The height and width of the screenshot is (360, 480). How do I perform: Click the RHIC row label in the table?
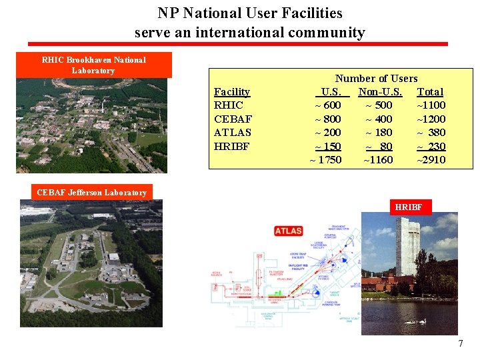[229, 105]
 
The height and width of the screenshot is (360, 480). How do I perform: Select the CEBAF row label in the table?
[233, 119]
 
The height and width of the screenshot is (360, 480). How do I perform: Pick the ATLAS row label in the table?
[233, 133]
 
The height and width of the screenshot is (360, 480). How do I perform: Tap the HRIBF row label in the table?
[231, 147]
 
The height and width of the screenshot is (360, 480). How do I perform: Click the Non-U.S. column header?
[380, 91]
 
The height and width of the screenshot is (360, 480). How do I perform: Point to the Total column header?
[430, 91]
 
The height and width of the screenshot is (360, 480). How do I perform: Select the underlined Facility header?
[232, 91]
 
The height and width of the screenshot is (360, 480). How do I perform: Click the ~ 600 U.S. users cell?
[328, 105]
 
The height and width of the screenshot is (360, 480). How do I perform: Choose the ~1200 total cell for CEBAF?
[431, 119]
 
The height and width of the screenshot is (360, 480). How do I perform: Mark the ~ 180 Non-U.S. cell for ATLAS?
[379, 133]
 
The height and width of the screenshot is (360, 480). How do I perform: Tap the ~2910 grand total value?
[431, 160]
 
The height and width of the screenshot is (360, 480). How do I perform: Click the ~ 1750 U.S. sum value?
[326, 160]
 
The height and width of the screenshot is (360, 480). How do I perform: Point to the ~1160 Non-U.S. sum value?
[378, 160]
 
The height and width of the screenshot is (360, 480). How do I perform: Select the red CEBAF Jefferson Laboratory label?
[92, 193]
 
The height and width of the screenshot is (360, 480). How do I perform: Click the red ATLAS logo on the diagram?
[289, 231]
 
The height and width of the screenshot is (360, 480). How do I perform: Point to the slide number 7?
[460, 343]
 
